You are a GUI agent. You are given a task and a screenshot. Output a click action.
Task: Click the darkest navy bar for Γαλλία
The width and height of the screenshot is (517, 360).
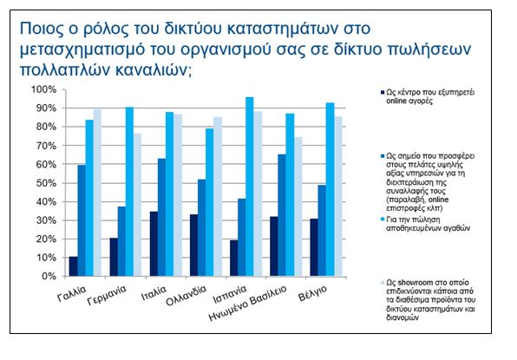[x=73, y=266]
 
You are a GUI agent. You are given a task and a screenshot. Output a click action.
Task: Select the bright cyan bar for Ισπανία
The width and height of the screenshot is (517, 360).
[x=250, y=187]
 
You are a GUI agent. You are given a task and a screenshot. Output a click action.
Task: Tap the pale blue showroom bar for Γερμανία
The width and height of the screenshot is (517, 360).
[x=137, y=205]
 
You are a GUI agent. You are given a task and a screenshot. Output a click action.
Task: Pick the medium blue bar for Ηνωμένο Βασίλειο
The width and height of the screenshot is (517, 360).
[x=282, y=215]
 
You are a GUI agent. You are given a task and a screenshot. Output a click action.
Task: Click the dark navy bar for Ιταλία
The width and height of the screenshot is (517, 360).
[x=154, y=244]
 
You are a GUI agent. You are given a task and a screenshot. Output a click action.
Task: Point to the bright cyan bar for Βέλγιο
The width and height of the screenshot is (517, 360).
[x=330, y=190]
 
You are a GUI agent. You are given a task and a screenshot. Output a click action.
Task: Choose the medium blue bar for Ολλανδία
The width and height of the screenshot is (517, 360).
[x=201, y=228]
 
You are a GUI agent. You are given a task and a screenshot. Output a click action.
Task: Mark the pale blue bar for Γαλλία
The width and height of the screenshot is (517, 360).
[x=97, y=193]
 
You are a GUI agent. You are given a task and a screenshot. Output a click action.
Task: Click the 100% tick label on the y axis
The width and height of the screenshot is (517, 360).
[x=44, y=89]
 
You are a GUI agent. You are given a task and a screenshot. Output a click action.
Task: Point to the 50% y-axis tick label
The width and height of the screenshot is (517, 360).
[x=46, y=183]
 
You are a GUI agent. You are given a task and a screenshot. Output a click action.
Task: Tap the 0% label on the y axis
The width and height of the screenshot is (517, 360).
[x=49, y=276]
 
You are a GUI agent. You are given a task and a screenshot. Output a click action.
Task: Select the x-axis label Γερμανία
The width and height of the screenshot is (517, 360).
[x=107, y=295]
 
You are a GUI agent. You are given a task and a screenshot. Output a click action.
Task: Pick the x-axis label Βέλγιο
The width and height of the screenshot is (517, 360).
[x=312, y=293]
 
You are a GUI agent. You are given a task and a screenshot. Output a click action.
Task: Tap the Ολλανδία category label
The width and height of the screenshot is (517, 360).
[x=186, y=296]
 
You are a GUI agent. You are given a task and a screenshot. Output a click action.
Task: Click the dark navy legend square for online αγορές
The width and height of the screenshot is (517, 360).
[x=383, y=92]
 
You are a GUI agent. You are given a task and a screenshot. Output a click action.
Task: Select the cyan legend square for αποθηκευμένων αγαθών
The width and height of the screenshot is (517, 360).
[x=383, y=219]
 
